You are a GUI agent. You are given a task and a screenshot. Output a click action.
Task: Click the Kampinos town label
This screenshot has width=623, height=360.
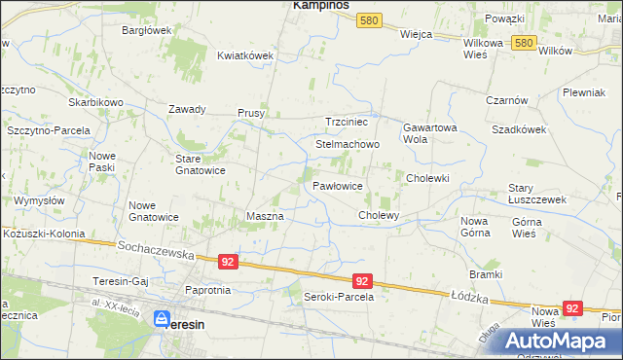click(321, 6)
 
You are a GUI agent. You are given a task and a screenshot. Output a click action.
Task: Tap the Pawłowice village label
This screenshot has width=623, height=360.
click(338, 185)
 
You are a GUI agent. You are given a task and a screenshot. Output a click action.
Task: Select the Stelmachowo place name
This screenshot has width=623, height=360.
click(347, 144)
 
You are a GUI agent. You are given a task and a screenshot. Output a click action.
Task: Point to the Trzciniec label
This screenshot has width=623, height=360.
click(346, 122)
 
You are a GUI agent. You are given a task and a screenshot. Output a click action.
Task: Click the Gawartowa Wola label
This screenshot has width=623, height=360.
click(429, 132)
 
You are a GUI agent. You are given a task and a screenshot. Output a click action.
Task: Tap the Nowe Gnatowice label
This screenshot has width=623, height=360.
click(153, 211)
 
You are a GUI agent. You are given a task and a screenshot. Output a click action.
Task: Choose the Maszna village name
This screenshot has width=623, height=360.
click(265, 215)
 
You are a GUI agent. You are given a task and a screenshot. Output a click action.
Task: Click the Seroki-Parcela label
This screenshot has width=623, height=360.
click(339, 297)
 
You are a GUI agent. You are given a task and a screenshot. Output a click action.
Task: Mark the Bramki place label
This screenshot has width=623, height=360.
click(484, 274)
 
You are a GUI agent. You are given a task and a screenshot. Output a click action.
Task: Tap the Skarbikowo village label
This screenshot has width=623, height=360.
click(95, 102)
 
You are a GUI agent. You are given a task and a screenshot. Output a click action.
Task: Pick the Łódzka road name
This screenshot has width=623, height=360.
click(468, 294)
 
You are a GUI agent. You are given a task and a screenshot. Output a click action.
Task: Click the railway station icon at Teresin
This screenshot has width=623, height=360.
click(163, 318)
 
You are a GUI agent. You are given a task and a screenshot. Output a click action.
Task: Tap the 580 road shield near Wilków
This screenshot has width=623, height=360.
click(525, 44)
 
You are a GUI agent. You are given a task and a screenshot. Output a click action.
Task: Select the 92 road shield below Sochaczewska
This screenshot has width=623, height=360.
click(228, 262)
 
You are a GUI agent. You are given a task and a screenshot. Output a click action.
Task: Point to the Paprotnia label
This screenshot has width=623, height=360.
click(207, 290)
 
